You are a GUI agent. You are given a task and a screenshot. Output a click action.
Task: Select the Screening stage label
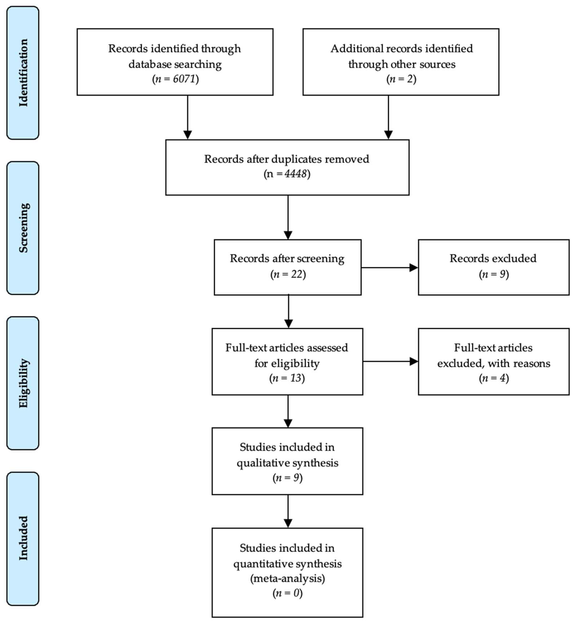23,228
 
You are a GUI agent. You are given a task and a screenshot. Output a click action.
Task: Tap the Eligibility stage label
23,383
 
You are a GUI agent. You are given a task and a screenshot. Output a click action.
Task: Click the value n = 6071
175,79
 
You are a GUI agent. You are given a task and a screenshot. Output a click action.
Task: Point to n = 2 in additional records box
401,79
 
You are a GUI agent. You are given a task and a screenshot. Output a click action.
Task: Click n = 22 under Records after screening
288,274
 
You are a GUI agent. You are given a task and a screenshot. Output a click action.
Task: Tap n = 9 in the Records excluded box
494,274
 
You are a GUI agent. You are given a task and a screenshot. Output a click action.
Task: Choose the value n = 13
287,378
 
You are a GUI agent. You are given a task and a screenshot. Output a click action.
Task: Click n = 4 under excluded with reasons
494,378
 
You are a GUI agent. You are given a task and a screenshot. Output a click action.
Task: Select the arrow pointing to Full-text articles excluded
390,362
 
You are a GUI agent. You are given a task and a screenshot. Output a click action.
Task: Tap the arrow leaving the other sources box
388,117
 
